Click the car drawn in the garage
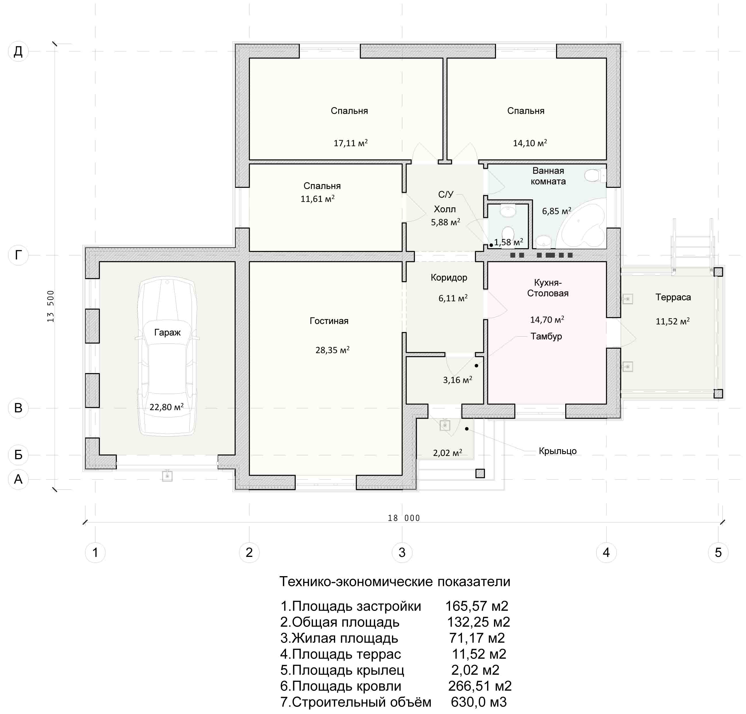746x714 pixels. click(167, 358)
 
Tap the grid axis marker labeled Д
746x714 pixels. click(18, 51)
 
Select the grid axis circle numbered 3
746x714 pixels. click(402, 552)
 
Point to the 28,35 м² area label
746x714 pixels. click(332, 350)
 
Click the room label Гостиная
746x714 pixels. click(329, 321)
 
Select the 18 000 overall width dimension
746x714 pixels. click(404, 518)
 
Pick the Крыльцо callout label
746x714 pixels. click(557, 451)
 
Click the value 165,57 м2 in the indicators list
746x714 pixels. click(477, 606)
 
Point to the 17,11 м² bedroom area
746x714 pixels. click(351, 143)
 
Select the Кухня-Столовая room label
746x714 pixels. click(548, 288)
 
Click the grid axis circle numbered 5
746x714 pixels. click(718, 552)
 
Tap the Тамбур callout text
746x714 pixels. click(546, 336)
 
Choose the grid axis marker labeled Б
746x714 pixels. click(18, 455)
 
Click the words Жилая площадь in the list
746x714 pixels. click(345, 638)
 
